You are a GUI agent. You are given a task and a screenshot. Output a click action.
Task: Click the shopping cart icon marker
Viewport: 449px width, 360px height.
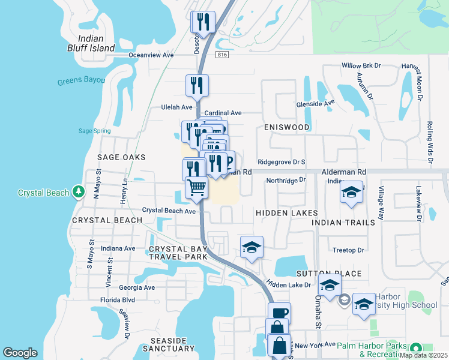(x=196, y=188)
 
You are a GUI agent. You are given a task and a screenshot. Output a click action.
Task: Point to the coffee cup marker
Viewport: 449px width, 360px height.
(x=279, y=313)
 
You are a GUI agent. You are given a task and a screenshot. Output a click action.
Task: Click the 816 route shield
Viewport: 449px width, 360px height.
(x=223, y=55)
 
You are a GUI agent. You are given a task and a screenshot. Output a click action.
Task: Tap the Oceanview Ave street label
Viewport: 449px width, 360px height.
(x=151, y=55)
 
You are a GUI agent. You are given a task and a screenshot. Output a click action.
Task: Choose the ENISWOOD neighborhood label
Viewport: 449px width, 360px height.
(x=286, y=127)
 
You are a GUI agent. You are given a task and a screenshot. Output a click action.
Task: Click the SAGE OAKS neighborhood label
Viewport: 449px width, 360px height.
(x=122, y=157)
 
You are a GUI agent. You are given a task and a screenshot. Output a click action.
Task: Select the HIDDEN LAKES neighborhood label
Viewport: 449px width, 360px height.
(x=286, y=213)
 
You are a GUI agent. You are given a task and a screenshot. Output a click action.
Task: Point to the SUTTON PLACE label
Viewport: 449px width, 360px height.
(x=337, y=274)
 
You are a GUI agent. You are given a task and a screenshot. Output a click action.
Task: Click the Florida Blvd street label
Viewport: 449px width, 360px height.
(x=118, y=299)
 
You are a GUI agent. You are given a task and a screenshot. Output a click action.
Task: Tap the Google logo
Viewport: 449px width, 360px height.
(x=20, y=353)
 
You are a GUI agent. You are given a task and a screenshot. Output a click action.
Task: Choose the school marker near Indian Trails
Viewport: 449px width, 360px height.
(x=352, y=193)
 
